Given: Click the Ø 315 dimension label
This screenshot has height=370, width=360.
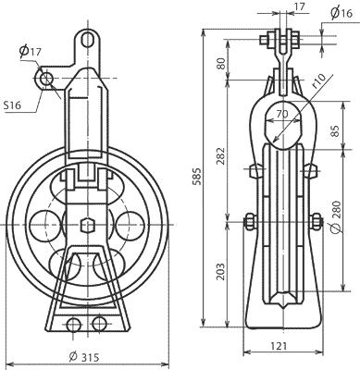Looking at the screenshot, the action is tap(83, 357).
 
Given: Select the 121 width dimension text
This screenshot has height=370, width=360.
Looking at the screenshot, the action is tap(279, 346).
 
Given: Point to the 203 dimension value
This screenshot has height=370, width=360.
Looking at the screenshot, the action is tap(220, 272).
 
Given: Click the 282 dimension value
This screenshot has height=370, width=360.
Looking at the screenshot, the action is tap(220, 155).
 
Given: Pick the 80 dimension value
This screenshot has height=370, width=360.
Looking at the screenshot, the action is tap(220, 64).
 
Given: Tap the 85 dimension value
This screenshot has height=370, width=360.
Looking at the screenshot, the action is tap(335, 130).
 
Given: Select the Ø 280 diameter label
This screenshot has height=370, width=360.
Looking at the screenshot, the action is tap(336, 217).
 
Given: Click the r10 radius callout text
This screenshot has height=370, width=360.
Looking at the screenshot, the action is tap(319, 81).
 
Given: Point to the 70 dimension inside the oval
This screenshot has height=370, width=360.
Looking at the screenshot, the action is tap(282, 114).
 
